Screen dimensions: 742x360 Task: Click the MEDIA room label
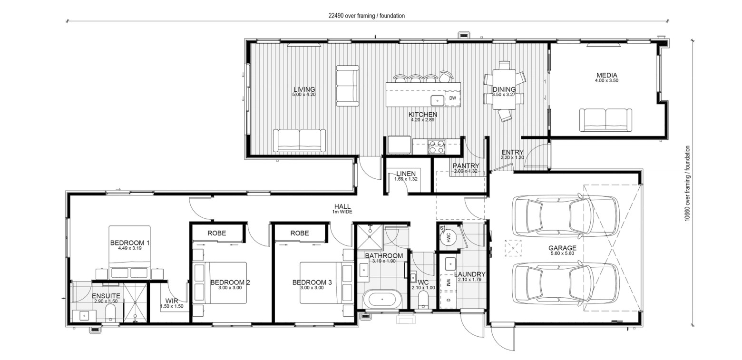[x=606, y=75]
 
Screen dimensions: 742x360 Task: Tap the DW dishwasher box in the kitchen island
[x=452, y=98]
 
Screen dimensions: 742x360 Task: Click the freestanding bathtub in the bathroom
[x=382, y=300]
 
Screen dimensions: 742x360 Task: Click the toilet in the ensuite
[x=110, y=312]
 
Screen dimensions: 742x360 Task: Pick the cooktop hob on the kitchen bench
[x=436, y=147]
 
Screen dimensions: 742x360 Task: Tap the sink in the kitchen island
[x=437, y=100]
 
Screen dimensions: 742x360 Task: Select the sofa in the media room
[x=605, y=120]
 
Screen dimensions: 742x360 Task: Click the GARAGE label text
[x=562, y=248]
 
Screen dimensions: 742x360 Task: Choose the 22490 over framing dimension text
[x=366, y=16]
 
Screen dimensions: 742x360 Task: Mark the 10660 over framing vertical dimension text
[x=687, y=184]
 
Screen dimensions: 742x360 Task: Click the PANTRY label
[x=466, y=165]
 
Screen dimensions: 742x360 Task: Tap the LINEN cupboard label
[x=406, y=174]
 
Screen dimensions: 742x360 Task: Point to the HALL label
[x=342, y=207]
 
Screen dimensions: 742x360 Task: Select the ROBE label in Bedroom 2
[x=216, y=233]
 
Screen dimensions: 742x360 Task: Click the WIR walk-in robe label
[x=172, y=301]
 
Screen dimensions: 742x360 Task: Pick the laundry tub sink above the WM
[x=450, y=264]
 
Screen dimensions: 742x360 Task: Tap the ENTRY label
[x=512, y=152]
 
